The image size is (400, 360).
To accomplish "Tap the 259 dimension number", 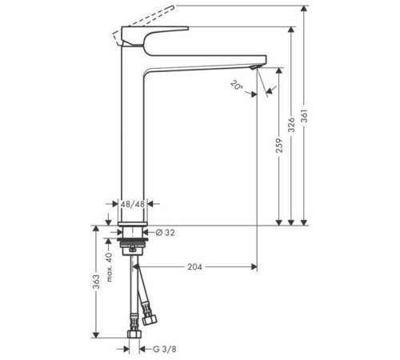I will click(278, 146).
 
